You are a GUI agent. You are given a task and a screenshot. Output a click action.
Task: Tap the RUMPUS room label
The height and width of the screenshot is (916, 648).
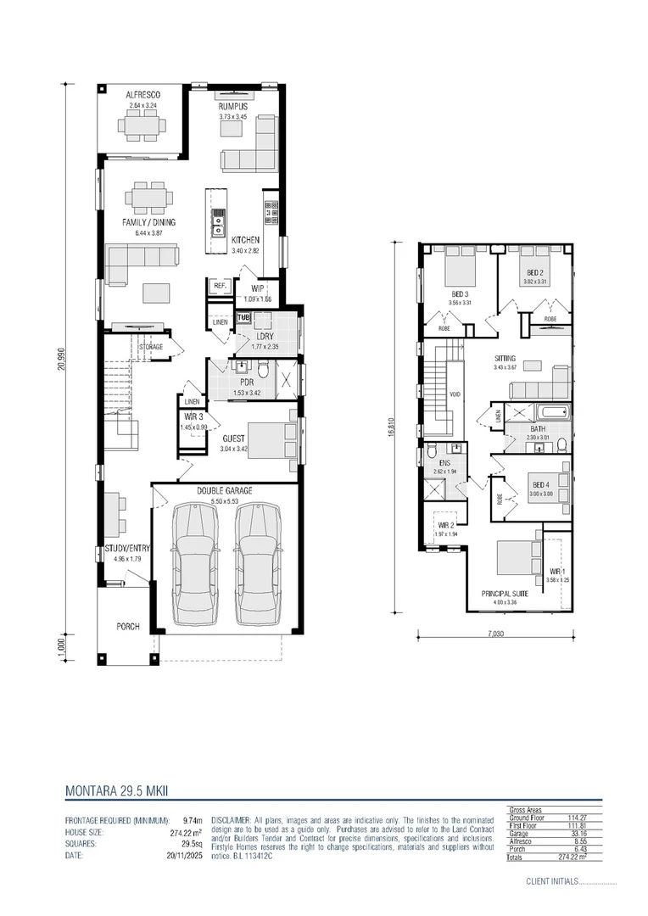coord(232,106)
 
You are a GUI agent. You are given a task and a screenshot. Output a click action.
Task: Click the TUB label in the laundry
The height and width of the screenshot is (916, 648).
coord(243,318)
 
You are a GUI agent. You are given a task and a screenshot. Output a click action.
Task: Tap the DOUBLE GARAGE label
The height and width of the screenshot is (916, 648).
coord(225,491)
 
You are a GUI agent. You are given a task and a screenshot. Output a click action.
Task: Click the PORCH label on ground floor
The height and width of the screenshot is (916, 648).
coord(128,627)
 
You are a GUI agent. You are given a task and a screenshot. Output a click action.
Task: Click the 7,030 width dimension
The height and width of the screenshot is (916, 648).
coord(495,633)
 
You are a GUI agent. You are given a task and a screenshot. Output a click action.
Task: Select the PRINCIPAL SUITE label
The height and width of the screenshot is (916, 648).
coord(506,594)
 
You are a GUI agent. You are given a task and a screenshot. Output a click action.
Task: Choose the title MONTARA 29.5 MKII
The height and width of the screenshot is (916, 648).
coord(117,790)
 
